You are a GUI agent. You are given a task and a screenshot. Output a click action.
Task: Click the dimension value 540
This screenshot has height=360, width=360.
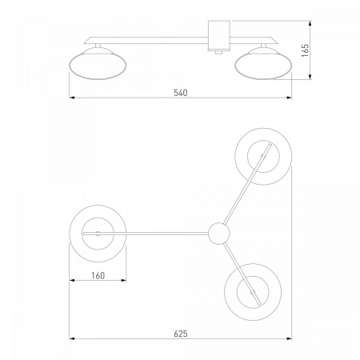[181, 93]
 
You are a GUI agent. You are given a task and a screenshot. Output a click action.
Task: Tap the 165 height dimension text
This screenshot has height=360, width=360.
[305, 50]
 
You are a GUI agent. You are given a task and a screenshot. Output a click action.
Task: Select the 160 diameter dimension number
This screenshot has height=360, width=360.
[98, 275]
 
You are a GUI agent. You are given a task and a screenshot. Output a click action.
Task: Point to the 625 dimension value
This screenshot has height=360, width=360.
[181, 334]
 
